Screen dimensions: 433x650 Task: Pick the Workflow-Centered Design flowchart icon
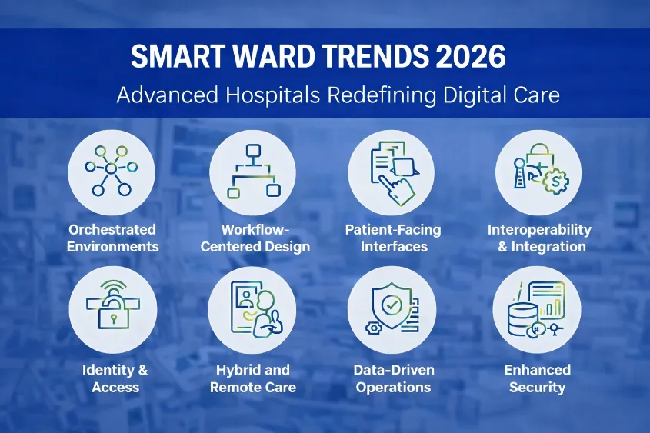253,170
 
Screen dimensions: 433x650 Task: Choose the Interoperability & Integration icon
538,170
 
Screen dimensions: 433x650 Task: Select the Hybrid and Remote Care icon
253,309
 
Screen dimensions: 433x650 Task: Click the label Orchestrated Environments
112,238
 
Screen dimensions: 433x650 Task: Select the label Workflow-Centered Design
254,238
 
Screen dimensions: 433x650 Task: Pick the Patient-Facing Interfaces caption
393,238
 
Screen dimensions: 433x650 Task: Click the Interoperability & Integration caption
538,238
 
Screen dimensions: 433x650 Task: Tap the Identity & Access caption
114,378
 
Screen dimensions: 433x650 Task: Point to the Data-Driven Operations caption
394,378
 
